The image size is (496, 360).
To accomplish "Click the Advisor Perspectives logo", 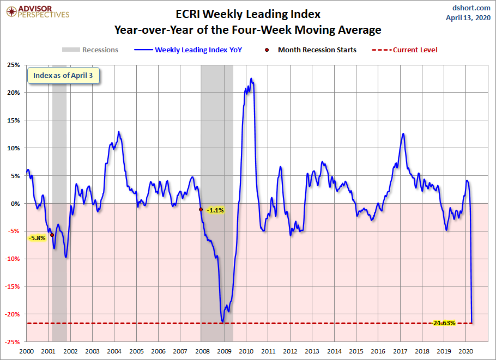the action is (38, 11).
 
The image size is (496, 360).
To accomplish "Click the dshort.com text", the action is (471, 8).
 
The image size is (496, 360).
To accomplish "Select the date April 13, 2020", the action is (468, 17).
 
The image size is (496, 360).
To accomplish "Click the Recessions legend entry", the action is (90, 50).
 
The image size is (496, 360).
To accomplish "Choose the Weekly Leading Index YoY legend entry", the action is (188, 50).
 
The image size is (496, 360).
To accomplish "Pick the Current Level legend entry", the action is (404, 50).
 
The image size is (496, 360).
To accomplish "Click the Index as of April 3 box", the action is (63, 76).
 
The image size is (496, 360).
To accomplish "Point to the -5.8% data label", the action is (37, 238).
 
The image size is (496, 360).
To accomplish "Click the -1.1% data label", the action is (215, 210).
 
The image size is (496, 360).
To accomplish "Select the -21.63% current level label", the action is (444, 323).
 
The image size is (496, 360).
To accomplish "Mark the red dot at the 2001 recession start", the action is (52, 235).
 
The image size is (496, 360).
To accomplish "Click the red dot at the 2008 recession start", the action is (201, 210).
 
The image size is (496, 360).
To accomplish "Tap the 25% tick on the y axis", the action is (14, 65).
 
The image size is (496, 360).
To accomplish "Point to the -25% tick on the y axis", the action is (13, 341).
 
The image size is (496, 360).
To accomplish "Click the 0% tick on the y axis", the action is (15, 204).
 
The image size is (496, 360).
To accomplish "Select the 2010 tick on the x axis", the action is (246, 351).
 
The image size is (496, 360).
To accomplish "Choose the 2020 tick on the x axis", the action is (466, 351).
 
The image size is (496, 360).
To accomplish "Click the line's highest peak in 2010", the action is (251, 78).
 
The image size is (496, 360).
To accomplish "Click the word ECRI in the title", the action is (188, 14).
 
